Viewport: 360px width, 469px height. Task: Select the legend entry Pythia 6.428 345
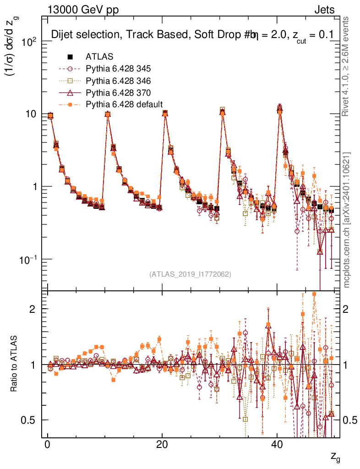(118, 69)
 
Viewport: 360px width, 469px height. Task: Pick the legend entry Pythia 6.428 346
(118, 81)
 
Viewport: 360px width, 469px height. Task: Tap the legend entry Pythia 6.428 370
(118, 93)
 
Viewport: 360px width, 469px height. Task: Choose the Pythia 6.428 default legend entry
(124, 104)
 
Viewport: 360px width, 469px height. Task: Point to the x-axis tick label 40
(276, 446)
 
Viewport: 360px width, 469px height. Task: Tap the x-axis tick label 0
(48, 446)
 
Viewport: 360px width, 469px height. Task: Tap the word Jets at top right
(324, 10)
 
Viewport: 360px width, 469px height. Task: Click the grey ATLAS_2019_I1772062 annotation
(190, 274)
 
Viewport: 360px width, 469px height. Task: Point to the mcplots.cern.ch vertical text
(347, 220)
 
